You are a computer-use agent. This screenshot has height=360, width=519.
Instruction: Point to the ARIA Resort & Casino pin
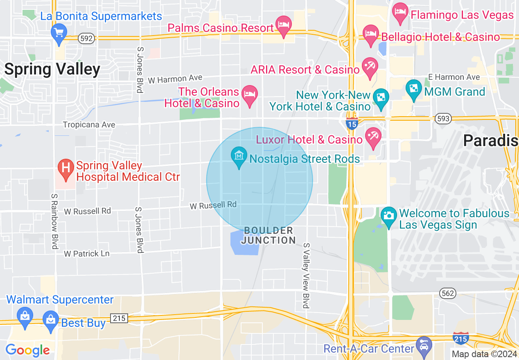pos(370,67)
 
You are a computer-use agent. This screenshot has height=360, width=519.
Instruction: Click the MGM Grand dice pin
pos(413,90)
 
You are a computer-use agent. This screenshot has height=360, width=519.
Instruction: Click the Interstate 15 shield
pos(352,123)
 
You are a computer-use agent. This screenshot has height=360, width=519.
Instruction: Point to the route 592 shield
pos(86,38)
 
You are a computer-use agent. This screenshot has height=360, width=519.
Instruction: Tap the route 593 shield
pos(443,119)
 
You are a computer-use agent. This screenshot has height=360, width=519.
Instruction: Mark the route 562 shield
pos(448,293)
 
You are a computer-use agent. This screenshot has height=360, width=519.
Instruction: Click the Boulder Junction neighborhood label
pos(268,236)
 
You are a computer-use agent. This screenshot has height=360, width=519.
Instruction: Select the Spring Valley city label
pos(52,69)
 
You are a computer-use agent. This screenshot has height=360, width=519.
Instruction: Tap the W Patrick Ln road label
pos(87,254)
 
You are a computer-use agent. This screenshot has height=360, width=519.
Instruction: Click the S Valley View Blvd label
pos(306,275)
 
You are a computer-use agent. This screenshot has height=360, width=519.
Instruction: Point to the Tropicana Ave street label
pos(89,124)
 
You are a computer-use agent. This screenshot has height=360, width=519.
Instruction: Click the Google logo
pos(27,350)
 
